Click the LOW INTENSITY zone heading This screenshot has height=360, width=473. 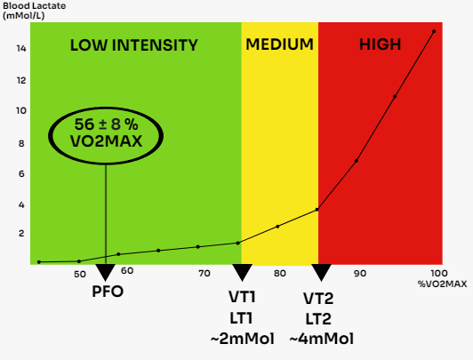(x=134, y=45)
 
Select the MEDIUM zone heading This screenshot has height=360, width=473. (x=279, y=44)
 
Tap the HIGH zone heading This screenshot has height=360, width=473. (x=380, y=44)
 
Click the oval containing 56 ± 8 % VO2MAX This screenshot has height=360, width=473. (x=107, y=132)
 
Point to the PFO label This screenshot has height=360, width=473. (x=108, y=290)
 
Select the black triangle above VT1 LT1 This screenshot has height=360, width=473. (x=243, y=271)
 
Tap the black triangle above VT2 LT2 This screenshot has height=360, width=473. (x=320, y=271)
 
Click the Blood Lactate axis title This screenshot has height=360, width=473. (x=28, y=11)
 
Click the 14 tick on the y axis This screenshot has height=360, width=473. (x=20, y=49)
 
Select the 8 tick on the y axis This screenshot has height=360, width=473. (x=22, y=142)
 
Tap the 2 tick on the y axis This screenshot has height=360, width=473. (x=22, y=234)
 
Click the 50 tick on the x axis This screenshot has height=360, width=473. (x=80, y=275)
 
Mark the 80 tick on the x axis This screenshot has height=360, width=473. (x=280, y=274)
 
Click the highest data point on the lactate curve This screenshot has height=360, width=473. (x=434, y=32)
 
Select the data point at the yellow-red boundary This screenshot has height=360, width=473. (x=317, y=210)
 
